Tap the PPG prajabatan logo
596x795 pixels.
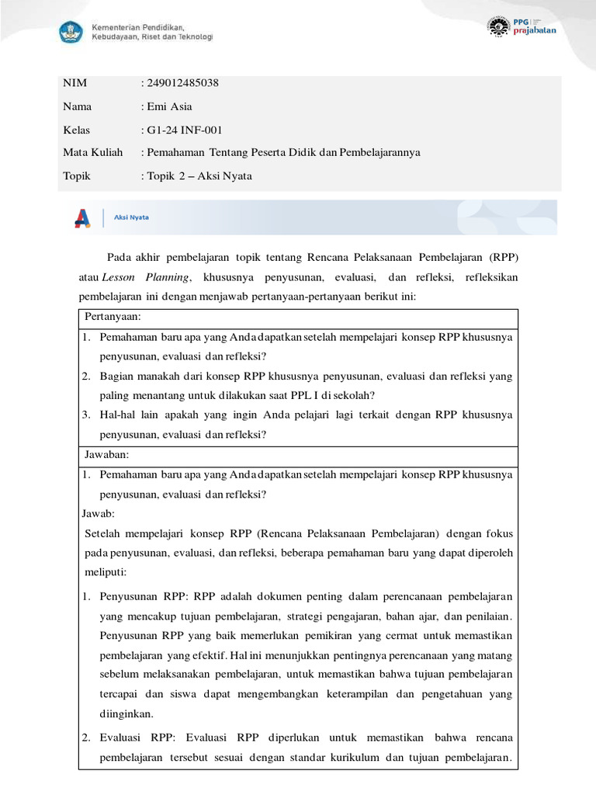[521, 26]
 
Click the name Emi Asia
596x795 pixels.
[169, 106]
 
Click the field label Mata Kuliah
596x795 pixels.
[92, 152]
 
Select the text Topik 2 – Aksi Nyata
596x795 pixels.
[199, 175]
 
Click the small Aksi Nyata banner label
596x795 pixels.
[132, 217]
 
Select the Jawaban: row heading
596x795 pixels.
[106, 454]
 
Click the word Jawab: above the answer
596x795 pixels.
[99, 513]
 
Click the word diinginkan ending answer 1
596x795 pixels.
[126, 713]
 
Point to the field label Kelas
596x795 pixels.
[77, 130]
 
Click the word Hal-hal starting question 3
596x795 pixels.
[118, 415]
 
